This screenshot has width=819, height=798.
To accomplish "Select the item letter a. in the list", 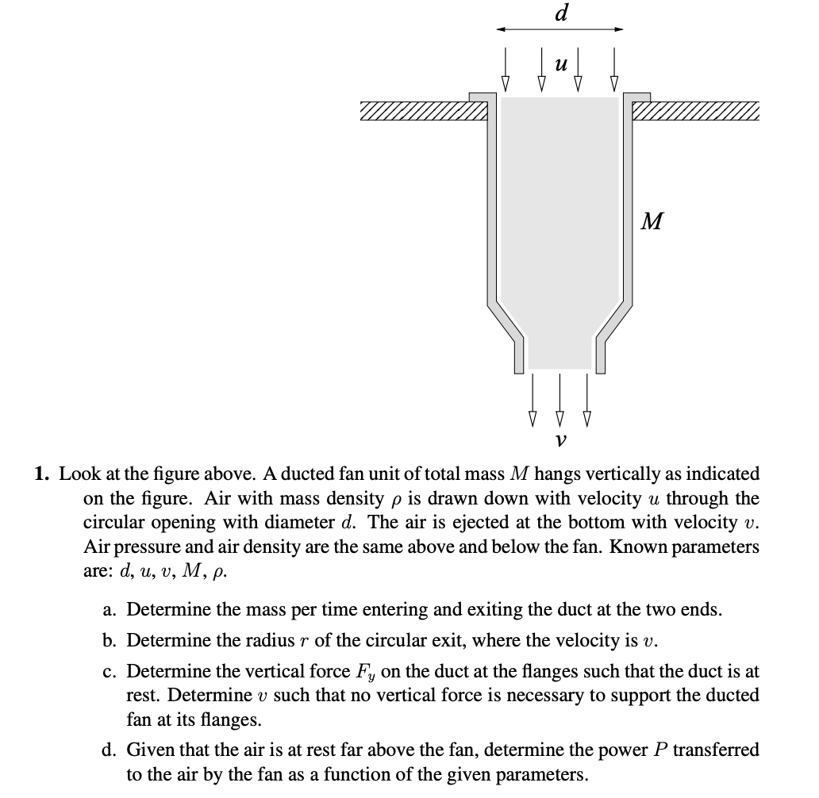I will [x=111, y=610].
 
